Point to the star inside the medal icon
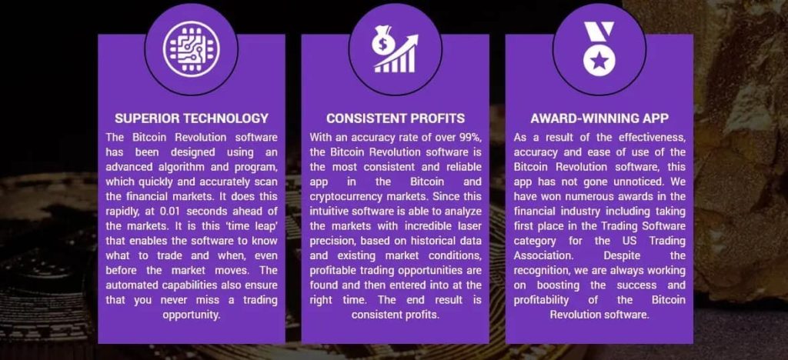pos(598,59)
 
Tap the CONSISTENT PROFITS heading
pos(395,118)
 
